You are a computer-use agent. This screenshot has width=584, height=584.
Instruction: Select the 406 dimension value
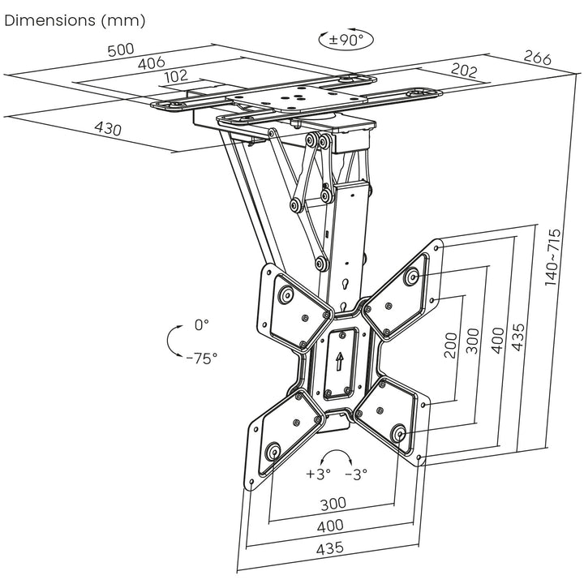click(x=151, y=62)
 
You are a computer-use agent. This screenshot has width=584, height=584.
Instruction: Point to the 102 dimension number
click(x=175, y=76)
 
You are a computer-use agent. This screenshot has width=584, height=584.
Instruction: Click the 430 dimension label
click(x=108, y=129)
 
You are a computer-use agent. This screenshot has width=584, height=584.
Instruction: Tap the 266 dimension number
click(x=537, y=58)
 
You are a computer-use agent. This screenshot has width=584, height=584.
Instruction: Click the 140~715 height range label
click(x=553, y=258)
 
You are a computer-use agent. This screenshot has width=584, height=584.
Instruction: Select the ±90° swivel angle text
click(x=341, y=39)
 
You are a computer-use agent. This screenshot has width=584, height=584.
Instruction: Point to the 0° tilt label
click(x=202, y=324)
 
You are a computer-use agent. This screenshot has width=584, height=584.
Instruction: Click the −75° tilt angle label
click(x=201, y=358)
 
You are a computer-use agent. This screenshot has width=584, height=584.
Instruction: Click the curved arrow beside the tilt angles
click(x=172, y=341)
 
